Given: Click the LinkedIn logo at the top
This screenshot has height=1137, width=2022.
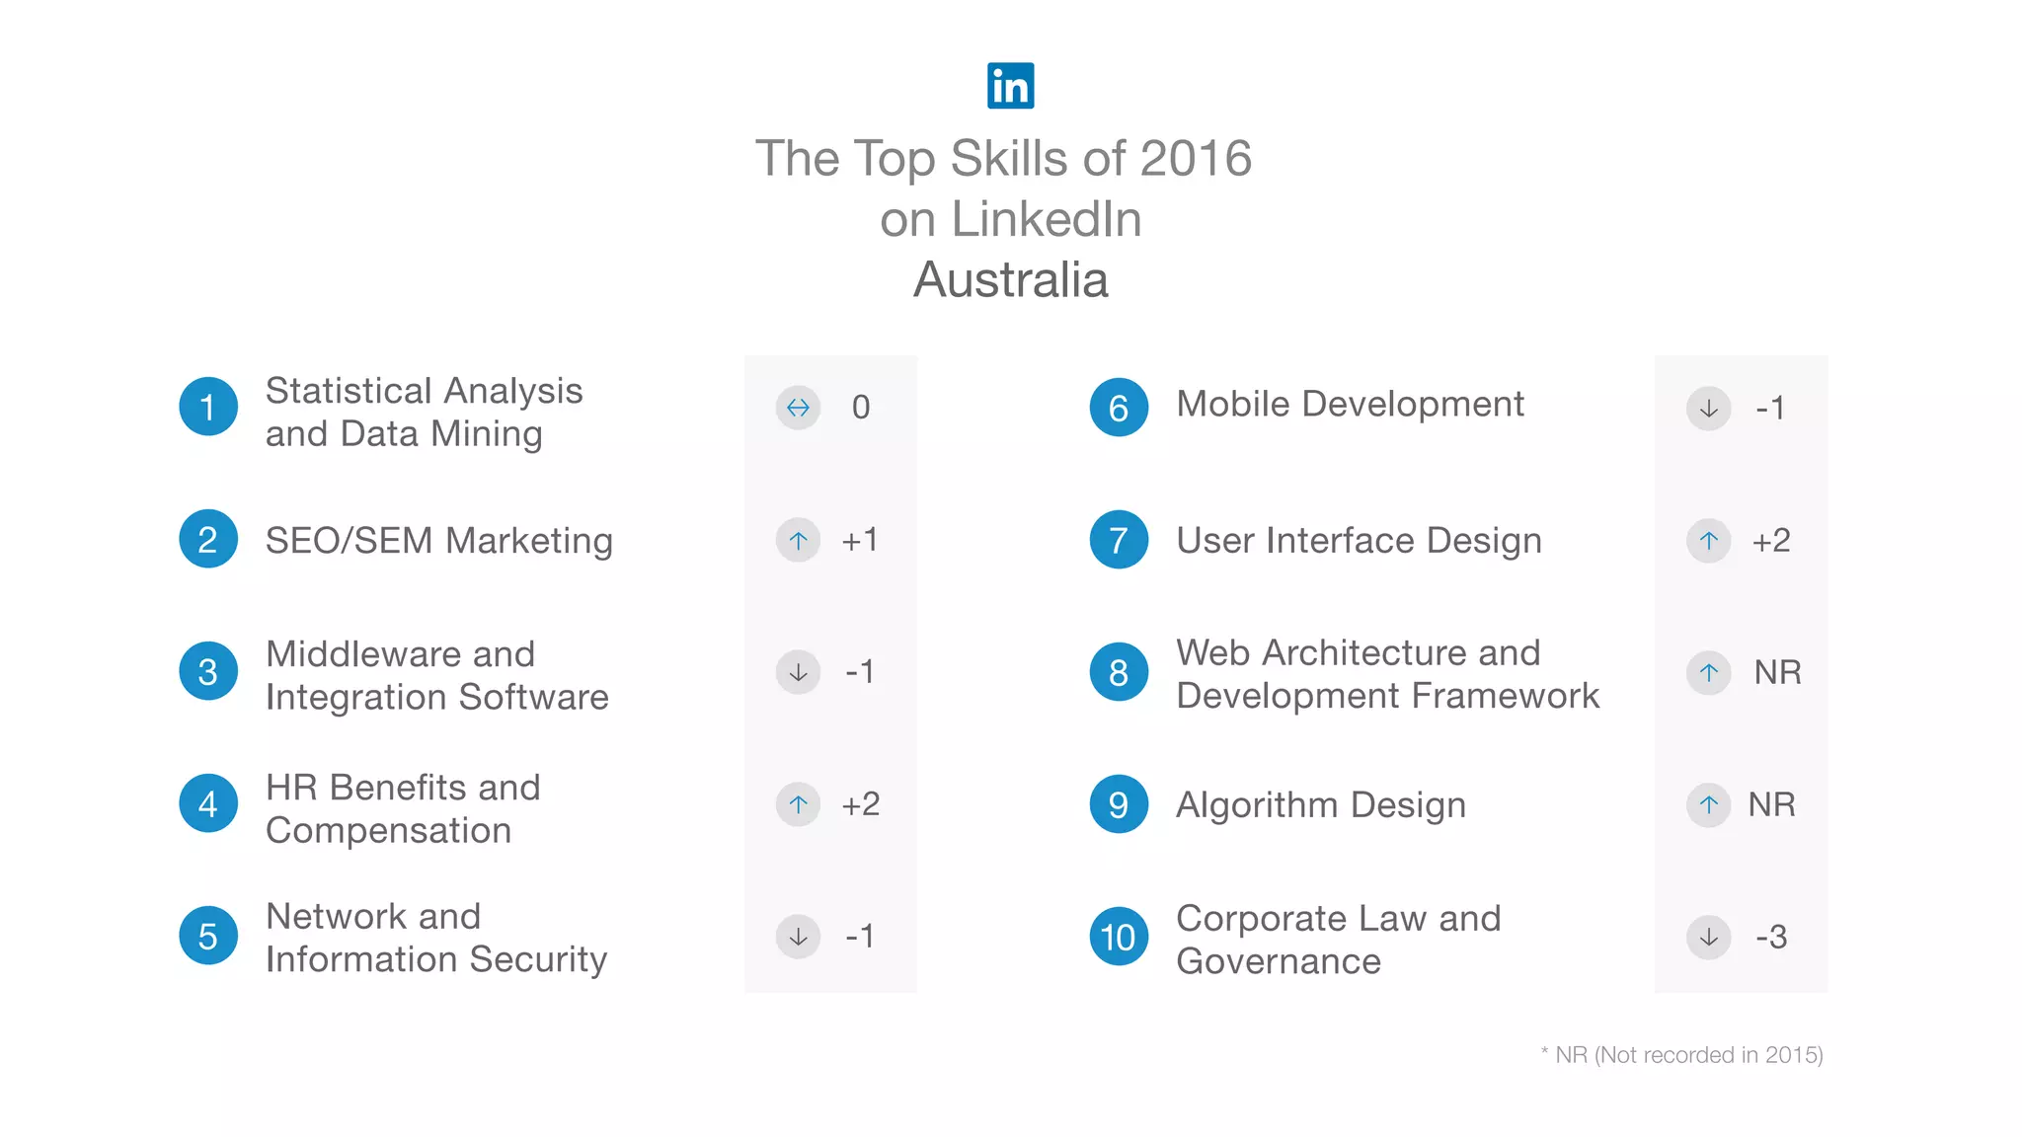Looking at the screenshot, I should [1010, 86].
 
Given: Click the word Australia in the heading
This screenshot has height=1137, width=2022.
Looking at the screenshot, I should [1010, 279].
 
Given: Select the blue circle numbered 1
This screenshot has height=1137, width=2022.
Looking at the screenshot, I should [208, 407].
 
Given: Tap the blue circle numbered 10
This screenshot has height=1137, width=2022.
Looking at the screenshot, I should [1119, 937].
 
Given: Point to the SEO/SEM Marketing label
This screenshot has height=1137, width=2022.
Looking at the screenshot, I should [438, 541].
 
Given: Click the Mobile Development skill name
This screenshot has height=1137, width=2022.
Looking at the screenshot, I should [1350, 405].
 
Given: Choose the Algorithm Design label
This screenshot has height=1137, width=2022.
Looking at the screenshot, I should [1320, 805].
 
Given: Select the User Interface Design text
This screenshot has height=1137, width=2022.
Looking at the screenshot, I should [1359, 541].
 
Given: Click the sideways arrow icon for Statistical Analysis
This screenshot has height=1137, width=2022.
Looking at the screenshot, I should [798, 408].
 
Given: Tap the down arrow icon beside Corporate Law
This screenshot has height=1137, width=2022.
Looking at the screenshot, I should [1709, 937].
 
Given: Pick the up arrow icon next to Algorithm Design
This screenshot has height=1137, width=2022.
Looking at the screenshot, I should [1709, 805].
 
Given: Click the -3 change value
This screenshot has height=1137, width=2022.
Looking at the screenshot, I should [1771, 937].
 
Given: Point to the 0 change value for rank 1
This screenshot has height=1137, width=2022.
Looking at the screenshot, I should [861, 408].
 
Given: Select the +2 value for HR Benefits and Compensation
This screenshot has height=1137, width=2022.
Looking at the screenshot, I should [861, 804].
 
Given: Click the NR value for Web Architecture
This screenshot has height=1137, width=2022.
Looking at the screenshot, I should [1777, 673].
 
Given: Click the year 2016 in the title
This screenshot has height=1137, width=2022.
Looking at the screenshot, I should [1196, 159].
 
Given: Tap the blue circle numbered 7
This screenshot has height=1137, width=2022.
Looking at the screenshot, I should [1119, 540].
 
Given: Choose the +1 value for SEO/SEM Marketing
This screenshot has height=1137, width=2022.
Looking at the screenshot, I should [860, 540].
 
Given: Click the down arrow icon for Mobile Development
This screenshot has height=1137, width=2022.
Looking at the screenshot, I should [1709, 409].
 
